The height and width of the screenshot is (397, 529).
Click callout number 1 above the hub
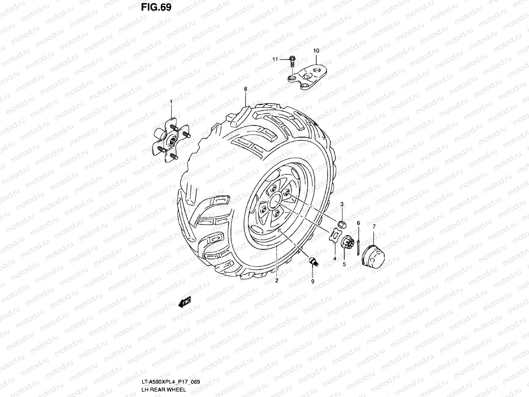click(171, 102)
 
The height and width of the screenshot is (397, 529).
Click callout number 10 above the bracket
click(316, 51)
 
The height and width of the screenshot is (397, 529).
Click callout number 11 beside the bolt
click(284, 59)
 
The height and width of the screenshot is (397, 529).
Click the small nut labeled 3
click(342, 224)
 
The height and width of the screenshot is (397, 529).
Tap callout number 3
click(342, 204)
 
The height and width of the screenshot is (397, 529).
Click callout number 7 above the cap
click(374, 227)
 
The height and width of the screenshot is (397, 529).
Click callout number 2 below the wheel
click(277, 281)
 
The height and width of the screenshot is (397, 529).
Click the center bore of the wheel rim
click(274, 200)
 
